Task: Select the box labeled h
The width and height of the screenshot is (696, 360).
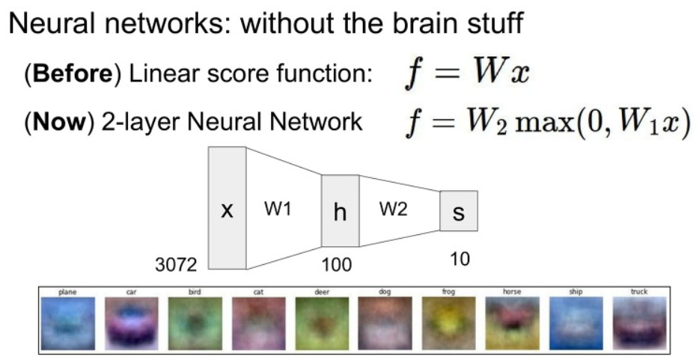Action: [x=340, y=211]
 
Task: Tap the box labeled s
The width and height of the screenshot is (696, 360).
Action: [x=458, y=212]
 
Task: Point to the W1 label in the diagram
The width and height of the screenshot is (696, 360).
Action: [x=277, y=210]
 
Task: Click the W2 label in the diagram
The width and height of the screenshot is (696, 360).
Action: [x=393, y=210]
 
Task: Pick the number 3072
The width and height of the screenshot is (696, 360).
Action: [x=176, y=264]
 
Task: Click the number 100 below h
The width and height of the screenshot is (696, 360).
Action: [x=337, y=265]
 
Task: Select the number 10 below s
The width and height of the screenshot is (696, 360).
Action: [x=460, y=260]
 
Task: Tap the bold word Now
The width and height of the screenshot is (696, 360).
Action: [x=58, y=121]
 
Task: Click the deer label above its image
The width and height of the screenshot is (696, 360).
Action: [x=322, y=292]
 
